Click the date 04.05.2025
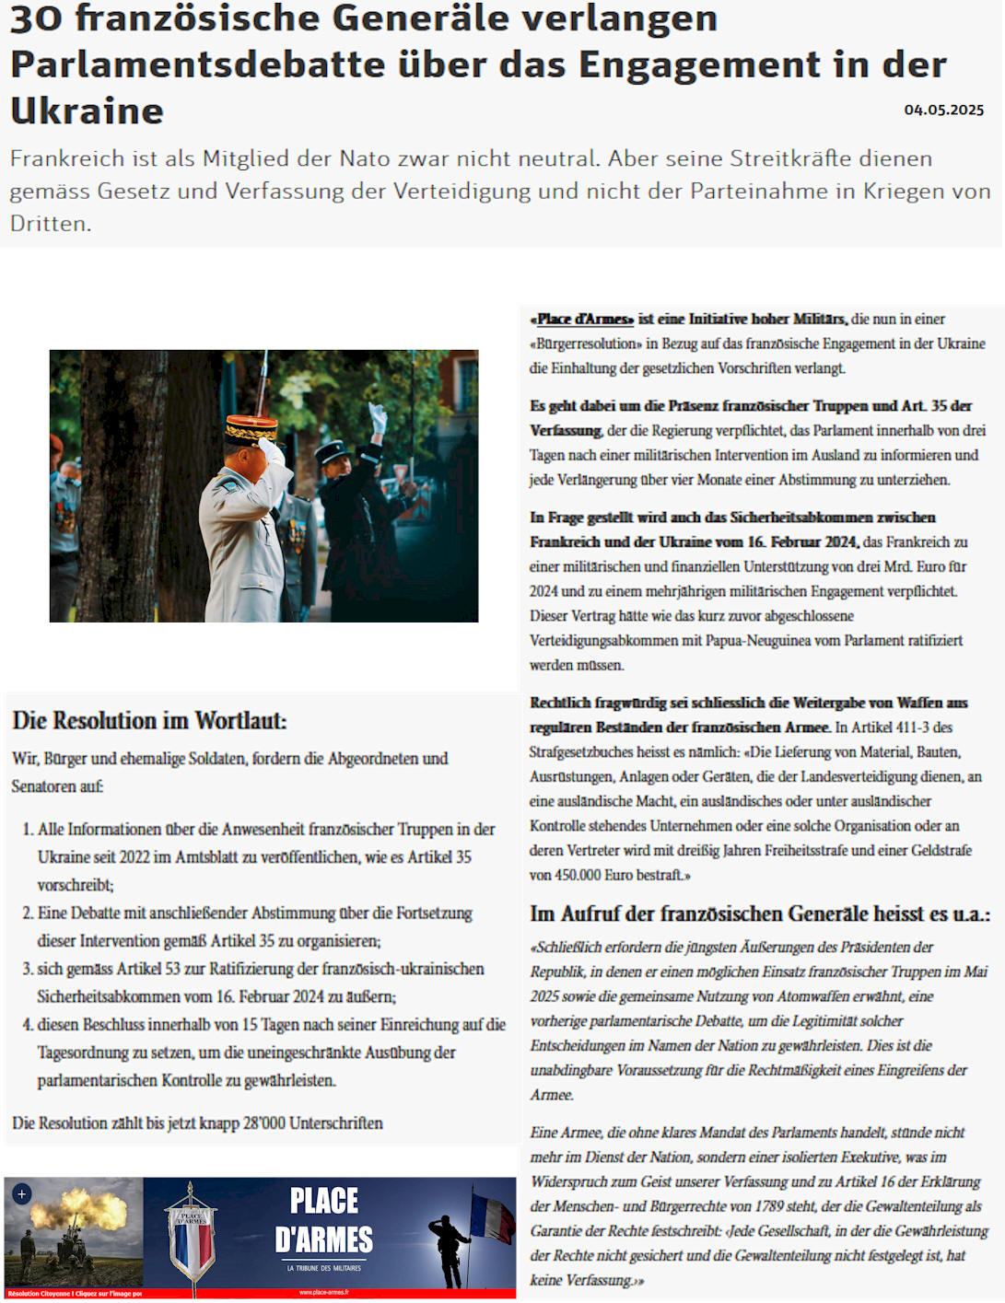(943, 110)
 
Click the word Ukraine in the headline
(88, 111)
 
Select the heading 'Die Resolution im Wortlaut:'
(149, 720)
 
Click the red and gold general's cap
(251, 429)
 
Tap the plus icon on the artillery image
(22, 1194)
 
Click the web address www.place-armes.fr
(324, 1293)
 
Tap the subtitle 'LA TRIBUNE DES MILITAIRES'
(324, 1268)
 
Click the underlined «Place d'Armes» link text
(581, 319)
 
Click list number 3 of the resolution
(29, 969)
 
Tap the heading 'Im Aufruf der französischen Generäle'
(759, 913)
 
